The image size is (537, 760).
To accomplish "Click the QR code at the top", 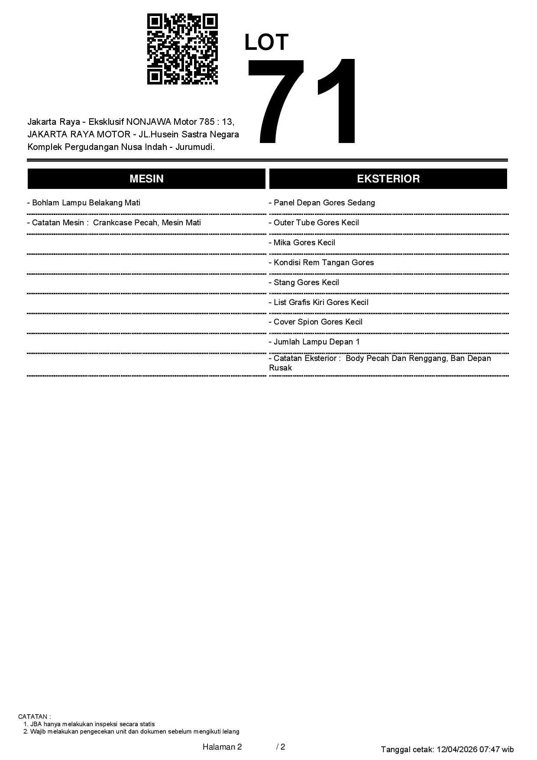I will (x=182, y=49).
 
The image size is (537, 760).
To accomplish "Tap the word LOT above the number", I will (x=266, y=42).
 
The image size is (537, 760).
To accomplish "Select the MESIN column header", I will (x=146, y=179).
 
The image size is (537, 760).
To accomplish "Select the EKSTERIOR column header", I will (x=388, y=179).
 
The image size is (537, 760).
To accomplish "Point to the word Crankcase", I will (x=110, y=223).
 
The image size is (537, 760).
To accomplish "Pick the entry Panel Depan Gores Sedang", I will (x=322, y=203).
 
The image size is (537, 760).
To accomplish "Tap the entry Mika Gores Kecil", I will (x=302, y=243).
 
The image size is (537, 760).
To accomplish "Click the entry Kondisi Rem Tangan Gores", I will (x=321, y=263).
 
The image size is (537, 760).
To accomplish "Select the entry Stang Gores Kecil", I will (x=304, y=283).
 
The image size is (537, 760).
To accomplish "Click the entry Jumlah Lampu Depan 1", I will (x=315, y=342).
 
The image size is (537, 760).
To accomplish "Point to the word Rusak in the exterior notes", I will (x=281, y=368).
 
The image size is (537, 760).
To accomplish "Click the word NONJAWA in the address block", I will (x=149, y=121).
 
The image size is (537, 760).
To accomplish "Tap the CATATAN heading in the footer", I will (x=34, y=717).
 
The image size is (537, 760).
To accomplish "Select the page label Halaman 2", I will (x=222, y=747).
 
